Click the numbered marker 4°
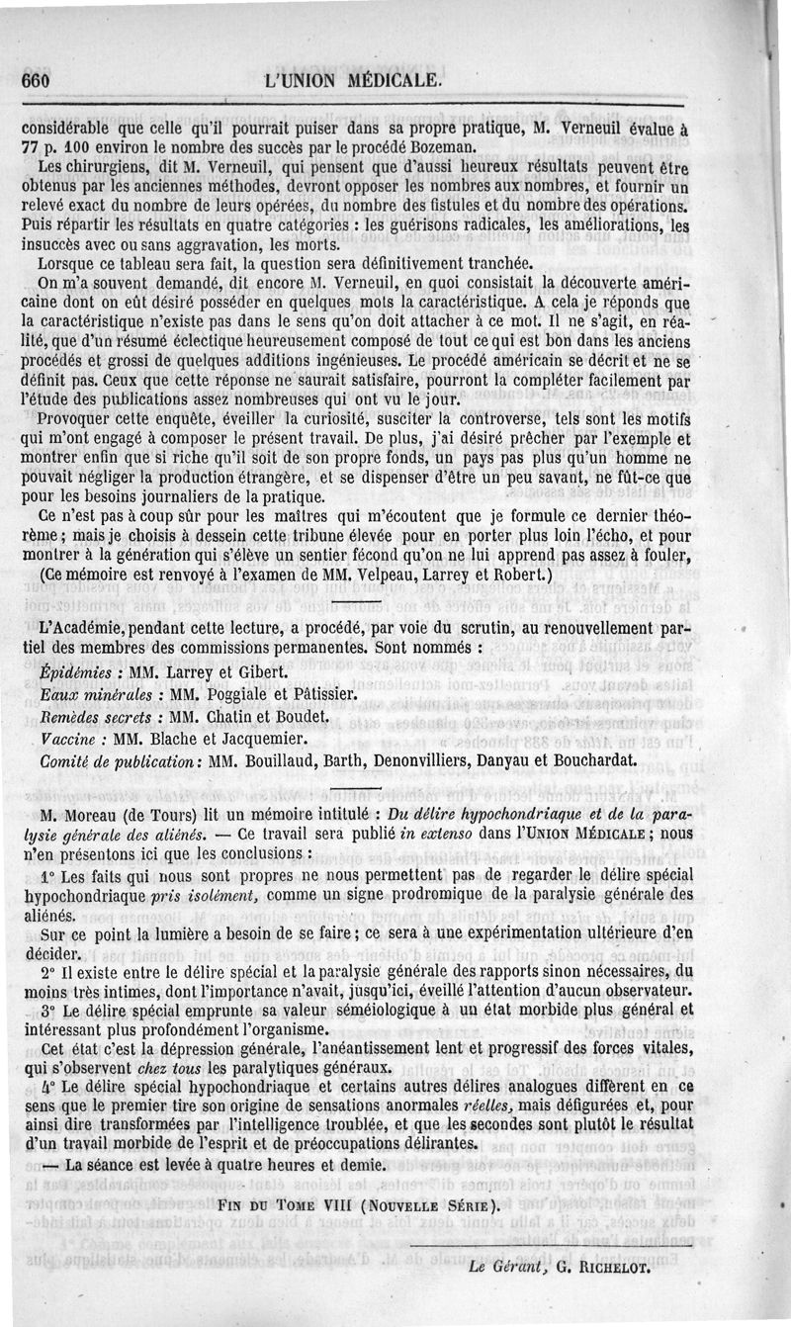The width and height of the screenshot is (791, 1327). click(x=49, y=1085)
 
